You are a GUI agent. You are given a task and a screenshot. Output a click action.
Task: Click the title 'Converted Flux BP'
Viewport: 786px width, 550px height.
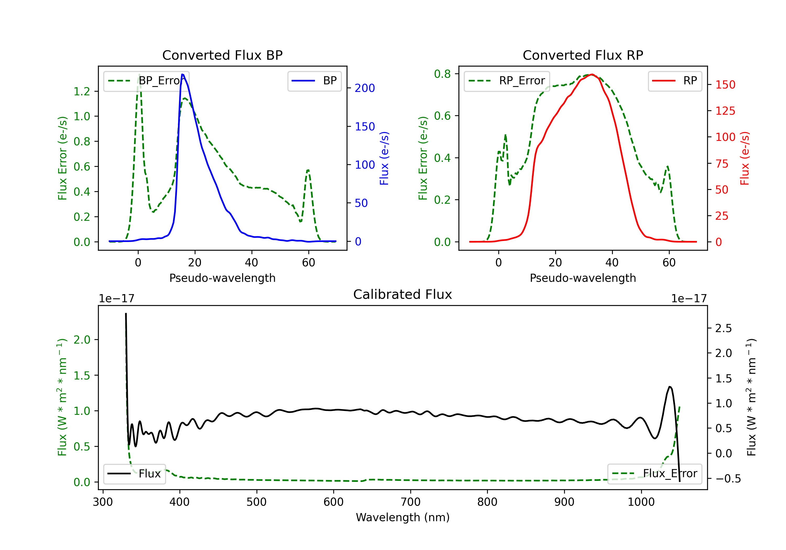click(222, 55)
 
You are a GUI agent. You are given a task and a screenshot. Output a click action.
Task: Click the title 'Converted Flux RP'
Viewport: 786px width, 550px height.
click(583, 55)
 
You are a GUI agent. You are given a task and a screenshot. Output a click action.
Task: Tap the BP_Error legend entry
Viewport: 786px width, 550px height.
click(146, 81)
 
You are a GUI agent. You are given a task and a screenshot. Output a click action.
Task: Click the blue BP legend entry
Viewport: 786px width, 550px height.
click(314, 81)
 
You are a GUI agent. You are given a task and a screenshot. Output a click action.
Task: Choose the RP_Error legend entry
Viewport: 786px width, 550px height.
click(507, 81)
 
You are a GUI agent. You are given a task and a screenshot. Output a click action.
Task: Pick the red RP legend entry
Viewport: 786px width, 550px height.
click(675, 81)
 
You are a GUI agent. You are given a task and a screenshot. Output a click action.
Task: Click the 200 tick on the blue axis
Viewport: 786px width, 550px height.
click(365, 88)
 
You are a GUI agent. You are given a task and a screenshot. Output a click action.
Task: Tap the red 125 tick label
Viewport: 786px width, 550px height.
click(725, 111)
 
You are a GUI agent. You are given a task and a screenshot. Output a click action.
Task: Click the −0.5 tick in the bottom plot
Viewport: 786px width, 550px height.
click(728, 478)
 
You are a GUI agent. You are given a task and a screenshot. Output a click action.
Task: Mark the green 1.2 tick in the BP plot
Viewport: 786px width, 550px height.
click(82, 91)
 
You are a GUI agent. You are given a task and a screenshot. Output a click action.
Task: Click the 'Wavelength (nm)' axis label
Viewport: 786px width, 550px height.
click(403, 517)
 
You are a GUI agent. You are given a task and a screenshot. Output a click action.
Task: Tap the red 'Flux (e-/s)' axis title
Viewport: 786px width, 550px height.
click(745, 158)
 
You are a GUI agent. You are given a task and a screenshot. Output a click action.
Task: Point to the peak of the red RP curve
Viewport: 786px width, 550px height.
click(592, 74)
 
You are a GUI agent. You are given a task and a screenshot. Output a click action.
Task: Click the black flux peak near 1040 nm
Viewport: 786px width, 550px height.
click(670, 387)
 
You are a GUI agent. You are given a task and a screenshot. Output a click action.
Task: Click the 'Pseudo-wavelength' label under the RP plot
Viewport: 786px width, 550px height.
click(583, 278)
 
